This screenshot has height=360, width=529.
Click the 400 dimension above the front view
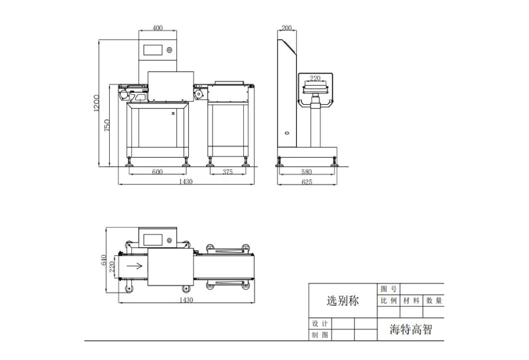[x=157, y=28]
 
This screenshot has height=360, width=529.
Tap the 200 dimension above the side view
[x=286, y=28]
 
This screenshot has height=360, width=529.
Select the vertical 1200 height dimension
[x=96, y=103]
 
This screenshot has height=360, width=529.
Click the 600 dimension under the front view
[x=157, y=172]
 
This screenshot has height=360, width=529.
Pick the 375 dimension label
[x=228, y=172]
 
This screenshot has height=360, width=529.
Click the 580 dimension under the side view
[x=306, y=172]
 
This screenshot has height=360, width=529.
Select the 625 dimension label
[x=307, y=182]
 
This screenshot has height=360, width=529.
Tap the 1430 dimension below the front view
[x=186, y=182]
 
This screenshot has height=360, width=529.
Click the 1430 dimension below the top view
[x=186, y=300]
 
